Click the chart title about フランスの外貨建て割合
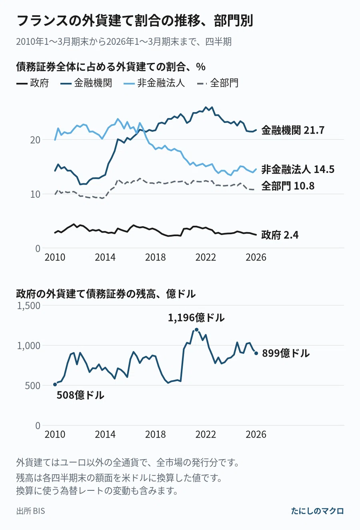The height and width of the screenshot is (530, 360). (135, 20)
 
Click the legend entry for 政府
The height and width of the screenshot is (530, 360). (32, 83)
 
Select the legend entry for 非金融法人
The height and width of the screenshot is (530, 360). (154, 83)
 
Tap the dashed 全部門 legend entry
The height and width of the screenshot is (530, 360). (218, 83)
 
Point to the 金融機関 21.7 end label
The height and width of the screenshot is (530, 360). (293, 130)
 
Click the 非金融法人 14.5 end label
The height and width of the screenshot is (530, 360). (298, 169)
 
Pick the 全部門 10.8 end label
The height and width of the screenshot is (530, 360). (288, 186)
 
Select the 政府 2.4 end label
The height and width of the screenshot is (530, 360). (280, 235)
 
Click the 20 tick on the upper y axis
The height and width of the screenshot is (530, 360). (35, 140)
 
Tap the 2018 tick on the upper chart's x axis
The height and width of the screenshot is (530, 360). (156, 257)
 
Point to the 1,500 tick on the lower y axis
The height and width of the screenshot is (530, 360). (29, 305)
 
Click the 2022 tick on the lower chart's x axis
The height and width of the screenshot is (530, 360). (206, 434)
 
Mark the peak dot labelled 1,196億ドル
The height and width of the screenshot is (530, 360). (196, 330)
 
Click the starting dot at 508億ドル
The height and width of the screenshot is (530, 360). (55, 384)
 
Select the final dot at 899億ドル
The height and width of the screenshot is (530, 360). (256, 353)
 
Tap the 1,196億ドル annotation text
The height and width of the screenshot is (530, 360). (196, 317)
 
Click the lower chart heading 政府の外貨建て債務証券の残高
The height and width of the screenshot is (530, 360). (106, 294)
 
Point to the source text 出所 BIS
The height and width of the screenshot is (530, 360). (30, 511)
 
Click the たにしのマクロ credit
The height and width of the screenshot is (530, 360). (317, 511)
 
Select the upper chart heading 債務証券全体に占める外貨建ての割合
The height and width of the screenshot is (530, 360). (111, 67)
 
